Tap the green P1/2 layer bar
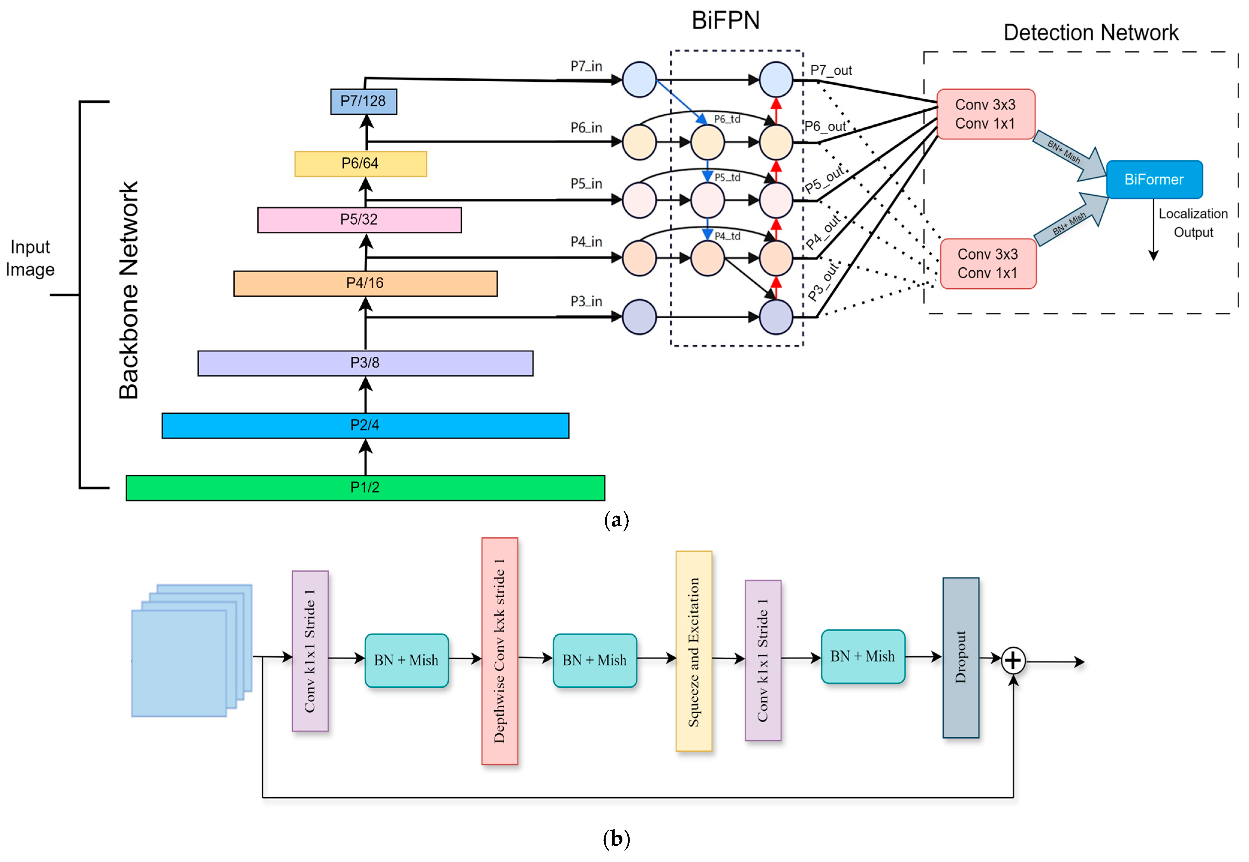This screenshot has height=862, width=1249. click(365, 488)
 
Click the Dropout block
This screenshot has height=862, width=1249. click(961, 657)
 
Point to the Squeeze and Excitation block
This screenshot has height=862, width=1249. click(694, 651)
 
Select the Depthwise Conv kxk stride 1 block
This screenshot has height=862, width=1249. click(500, 651)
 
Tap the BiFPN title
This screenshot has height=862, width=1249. click(726, 20)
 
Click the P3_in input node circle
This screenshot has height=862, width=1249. click(639, 317)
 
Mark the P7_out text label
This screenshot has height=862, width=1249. click(831, 70)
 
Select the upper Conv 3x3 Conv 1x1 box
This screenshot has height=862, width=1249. click(986, 114)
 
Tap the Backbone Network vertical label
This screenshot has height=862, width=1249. click(129, 290)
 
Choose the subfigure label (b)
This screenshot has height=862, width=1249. click(616, 839)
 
